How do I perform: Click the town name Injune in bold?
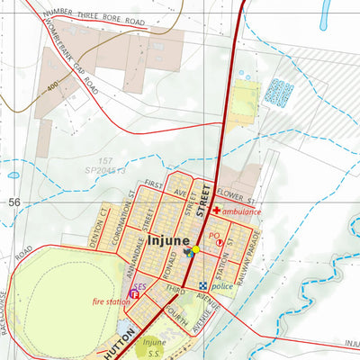(x=167, y=241)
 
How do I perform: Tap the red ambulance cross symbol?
(x=216, y=211)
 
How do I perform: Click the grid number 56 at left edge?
(x=13, y=202)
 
